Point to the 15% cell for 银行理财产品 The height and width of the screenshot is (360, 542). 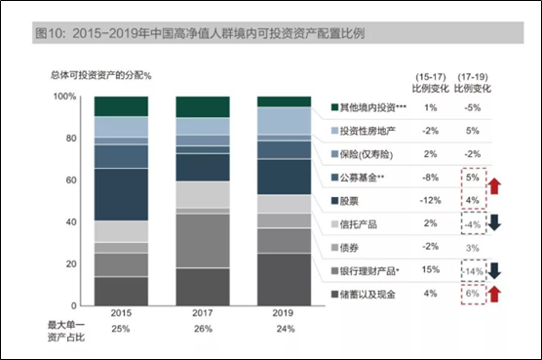click(430, 271)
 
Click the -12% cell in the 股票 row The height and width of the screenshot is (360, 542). click(430, 200)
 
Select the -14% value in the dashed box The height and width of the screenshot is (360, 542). click(471, 271)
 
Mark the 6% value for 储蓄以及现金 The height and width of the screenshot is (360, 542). click(473, 295)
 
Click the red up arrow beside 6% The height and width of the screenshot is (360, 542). click(496, 295)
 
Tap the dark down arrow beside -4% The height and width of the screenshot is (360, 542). click(496, 225)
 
